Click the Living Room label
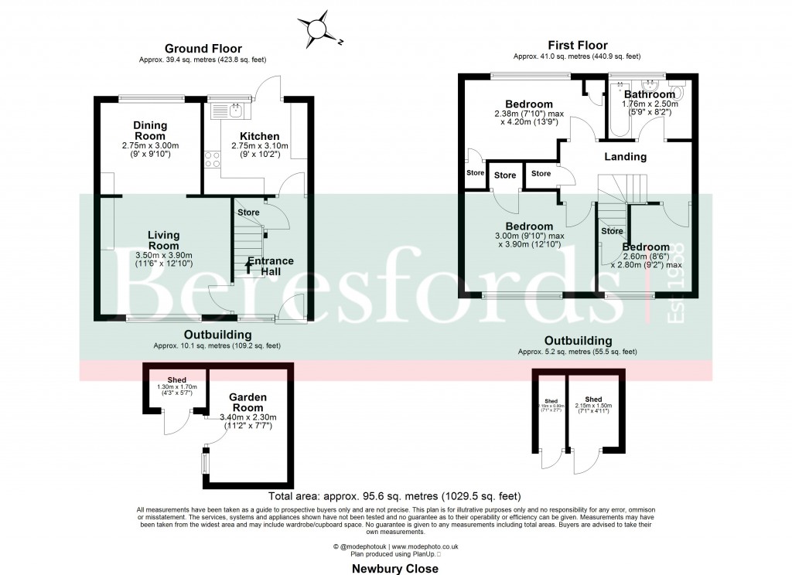point(163,240)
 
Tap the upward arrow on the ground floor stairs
point(248,267)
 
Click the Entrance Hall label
point(271,267)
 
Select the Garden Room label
point(247,402)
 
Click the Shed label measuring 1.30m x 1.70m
point(177,379)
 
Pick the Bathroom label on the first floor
point(650,94)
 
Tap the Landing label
point(625,156)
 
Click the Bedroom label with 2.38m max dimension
point(529,104)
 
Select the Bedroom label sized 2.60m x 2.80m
point(646,247)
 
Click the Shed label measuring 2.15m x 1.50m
point(593,400)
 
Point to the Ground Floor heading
point(203,49)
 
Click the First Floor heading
point(577,46)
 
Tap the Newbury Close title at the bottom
point(394,568)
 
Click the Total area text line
point(394,496)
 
